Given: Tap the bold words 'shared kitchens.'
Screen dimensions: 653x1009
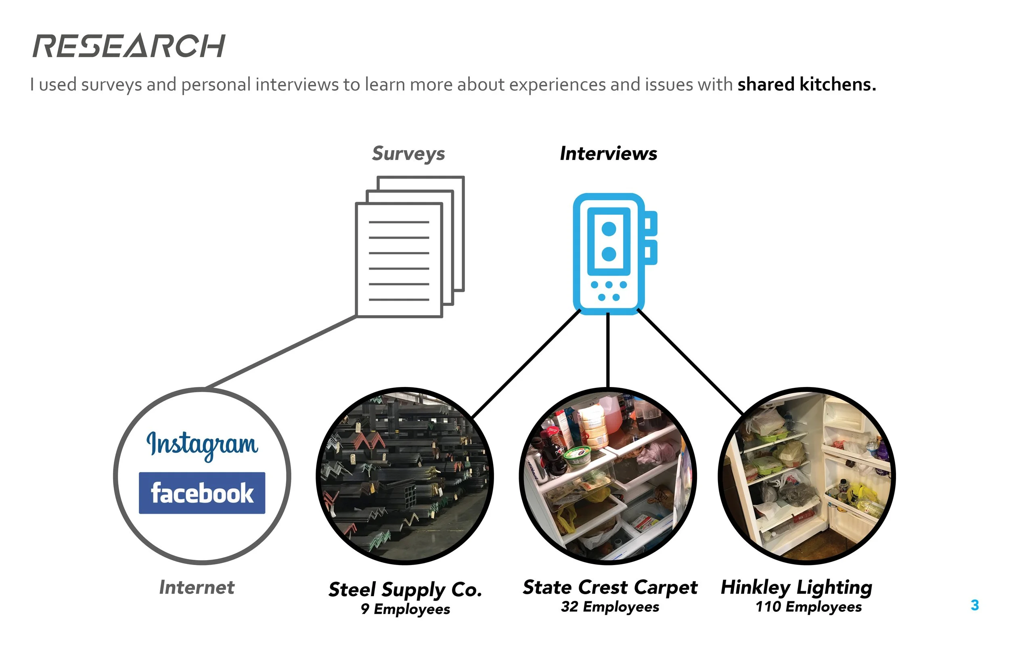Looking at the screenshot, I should [x=806, y=84].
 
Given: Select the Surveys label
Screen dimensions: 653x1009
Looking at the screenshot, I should [x=408, y=153].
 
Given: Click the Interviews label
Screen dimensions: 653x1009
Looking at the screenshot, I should [x=608, y=153].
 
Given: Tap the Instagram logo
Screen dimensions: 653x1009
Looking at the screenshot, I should [x=202, y=445].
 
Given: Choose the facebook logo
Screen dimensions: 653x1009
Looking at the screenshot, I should [x=202, y=493].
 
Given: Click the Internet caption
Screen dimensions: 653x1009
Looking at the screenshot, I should [x=197, y=588].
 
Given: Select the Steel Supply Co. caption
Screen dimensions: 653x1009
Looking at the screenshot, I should [x=405, y=589].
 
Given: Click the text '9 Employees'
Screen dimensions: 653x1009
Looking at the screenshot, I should [x=405, y=609].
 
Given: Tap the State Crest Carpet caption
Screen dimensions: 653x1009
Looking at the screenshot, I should [x=610, y=587].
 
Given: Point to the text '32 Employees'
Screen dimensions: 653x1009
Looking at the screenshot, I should [x=610, y=607].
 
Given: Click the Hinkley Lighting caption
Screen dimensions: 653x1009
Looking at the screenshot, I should [x=796, y=587].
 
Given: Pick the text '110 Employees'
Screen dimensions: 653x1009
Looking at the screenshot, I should [x=808, y=607].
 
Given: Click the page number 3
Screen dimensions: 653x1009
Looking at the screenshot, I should [x=975, y=605].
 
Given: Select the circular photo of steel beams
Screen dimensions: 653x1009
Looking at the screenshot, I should [x=405, y=476].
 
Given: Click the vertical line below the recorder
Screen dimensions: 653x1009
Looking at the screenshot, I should [x=608, y=350].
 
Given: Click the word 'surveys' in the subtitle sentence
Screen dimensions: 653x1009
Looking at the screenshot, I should [x=111, y=85].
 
